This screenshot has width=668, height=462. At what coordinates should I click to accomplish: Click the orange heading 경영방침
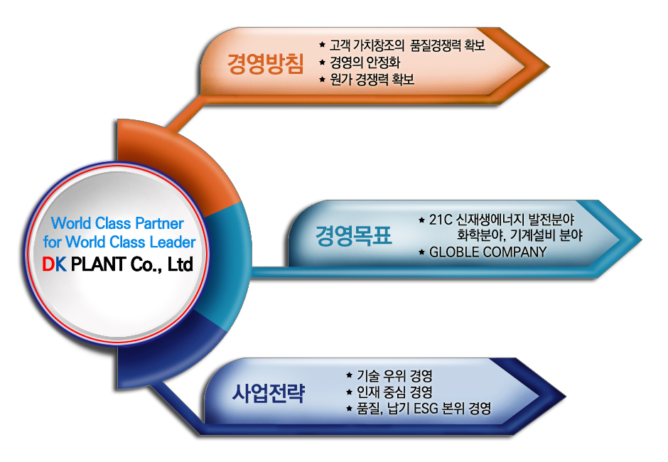click(265, 64)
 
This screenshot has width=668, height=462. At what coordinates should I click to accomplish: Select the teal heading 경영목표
click(353, 235)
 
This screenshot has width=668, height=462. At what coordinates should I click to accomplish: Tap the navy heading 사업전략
click(269, 392)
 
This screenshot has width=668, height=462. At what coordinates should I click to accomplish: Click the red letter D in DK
click(48, 264)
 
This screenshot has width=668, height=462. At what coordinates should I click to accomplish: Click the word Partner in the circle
click(159, 223)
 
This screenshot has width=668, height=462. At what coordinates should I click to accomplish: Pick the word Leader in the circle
click(173, 242)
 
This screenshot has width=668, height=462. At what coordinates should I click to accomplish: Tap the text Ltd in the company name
click(181, 264)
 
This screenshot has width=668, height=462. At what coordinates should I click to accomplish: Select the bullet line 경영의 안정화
click(365, 63)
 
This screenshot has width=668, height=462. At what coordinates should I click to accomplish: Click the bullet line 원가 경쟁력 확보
click(372, 80)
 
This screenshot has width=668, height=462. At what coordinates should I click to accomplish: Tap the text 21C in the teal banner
click(441, 220)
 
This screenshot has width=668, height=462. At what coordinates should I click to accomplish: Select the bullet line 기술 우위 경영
click(394, 375)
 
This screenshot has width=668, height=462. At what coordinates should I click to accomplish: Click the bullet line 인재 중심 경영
click(394, 392)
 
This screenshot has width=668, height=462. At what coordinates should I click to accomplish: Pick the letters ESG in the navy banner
click(426, 408)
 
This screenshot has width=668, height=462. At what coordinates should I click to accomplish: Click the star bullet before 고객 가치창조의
click(323, 44)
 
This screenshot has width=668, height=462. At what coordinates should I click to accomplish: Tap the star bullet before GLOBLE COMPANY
click(421, 252)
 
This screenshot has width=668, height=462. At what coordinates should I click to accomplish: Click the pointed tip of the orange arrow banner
click(549, 67)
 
